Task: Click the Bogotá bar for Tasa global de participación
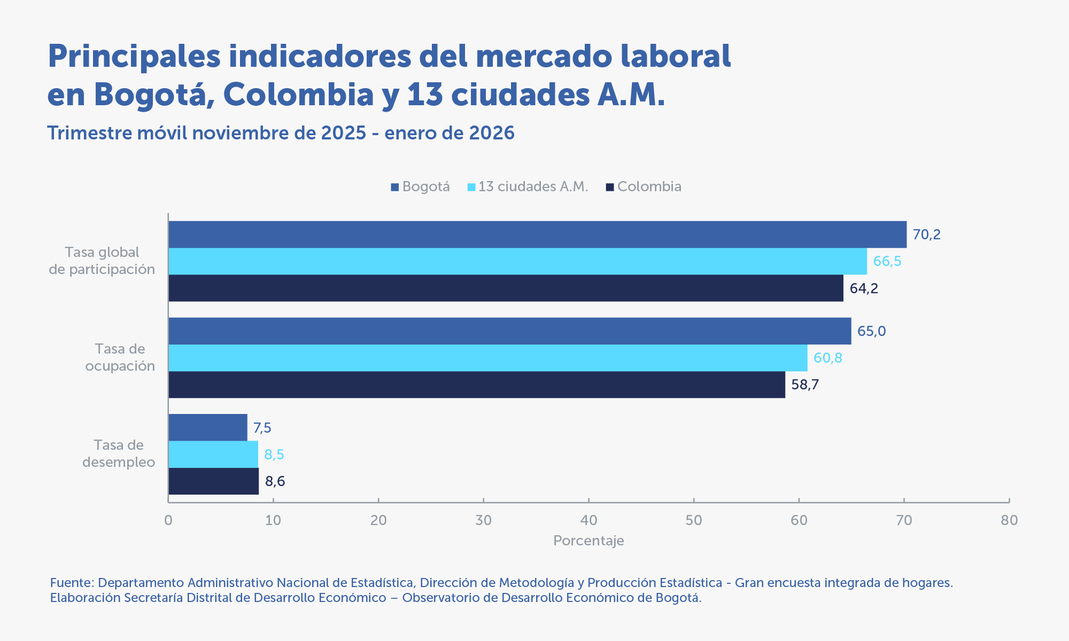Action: click(x=537, y=234)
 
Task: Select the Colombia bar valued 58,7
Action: click(x=477, y=385)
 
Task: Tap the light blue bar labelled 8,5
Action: click(x=213, y=455)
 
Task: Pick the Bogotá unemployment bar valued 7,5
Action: click(x=208, y=427)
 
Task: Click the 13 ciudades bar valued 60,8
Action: click(x=487, y=358)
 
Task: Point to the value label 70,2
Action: click(x=926, y=234)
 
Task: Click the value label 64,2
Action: click(x=864, y=288)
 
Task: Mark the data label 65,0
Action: click(x=871, y=331)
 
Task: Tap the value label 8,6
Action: click(x=275, y=481)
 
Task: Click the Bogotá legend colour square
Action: click(x=395, y=187)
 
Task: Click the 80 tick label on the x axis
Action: click(x=1009, y=520)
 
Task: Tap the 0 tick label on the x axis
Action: click(x=168, y=520)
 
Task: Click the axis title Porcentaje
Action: click(x=588, y=541)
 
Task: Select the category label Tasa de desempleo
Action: click(x=119, y=454)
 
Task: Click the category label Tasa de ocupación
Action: click(x=120, y=357)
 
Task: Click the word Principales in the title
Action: click(x=134, y=56)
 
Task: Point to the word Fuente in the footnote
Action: click(x=72, y=582)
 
